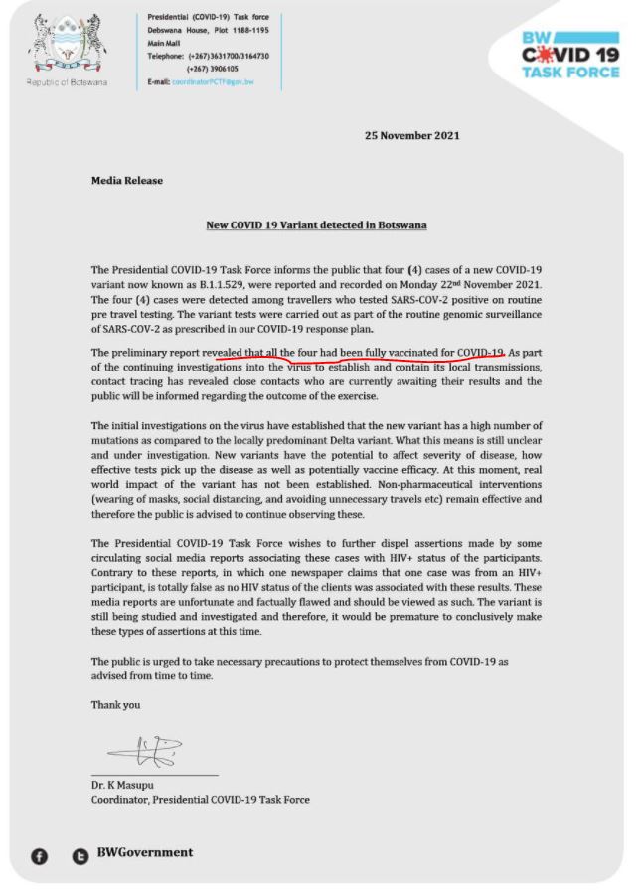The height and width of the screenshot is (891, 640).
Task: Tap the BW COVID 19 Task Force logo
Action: click(x=569, y=54)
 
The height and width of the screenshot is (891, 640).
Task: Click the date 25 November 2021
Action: click(x=411, y=135)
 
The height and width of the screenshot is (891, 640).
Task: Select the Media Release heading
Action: click(x=126, y=181)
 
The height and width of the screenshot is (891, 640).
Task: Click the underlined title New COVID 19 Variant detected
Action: click(x=315, y=225)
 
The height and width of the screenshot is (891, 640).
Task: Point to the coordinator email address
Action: click(x=213, y=81)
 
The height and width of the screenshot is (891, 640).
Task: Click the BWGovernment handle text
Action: click(x=144, y=852)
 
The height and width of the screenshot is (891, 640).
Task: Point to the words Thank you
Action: click(x=115, y=705)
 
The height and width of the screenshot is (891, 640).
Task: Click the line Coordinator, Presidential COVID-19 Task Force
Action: click(x=200, y=799)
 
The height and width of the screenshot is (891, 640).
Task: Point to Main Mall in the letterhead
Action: click(x=168, y=43)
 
